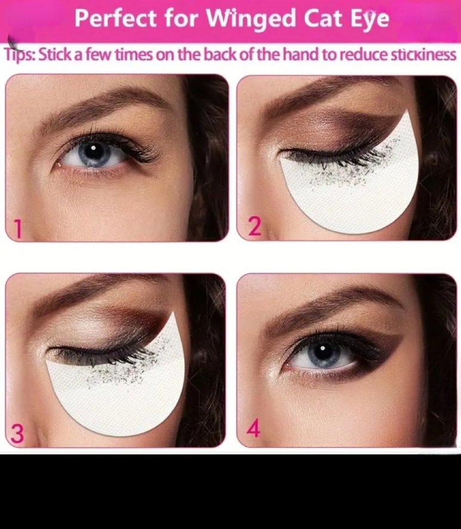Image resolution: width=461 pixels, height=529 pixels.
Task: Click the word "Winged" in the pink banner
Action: (250, 19)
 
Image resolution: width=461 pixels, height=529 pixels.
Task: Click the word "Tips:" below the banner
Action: (19, 55)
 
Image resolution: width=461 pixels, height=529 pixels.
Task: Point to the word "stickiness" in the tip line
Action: (423, 54)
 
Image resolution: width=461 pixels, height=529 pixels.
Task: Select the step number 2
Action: (255, 226)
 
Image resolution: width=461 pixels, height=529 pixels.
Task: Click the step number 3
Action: (17, 433)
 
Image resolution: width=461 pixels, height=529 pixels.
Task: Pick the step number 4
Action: (253, 428)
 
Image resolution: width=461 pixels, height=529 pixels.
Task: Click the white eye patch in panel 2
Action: (351, 192)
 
